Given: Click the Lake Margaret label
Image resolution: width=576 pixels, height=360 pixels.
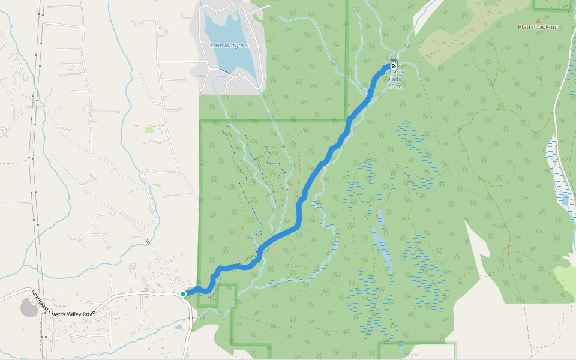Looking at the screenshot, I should tap(230, 45).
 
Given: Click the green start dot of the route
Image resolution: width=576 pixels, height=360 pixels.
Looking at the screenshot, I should tap(183, 293).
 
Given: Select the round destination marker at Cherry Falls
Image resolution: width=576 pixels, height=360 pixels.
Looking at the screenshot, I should tap(394, 66).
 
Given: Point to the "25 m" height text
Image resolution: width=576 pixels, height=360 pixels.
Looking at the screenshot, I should tap(394, 86).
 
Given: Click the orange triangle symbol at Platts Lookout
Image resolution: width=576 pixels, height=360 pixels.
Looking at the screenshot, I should tap(538, 20).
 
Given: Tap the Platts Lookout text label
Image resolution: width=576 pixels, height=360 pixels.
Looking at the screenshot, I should tap(538, 28).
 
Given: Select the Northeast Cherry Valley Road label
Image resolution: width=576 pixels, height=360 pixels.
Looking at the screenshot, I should tap(64, 304).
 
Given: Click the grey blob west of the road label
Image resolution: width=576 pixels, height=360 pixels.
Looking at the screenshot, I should tap(29, 308).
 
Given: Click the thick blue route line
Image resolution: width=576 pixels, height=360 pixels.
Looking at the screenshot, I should tap(300, 210).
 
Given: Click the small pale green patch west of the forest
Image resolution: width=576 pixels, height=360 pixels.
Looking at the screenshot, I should tap(149, 129).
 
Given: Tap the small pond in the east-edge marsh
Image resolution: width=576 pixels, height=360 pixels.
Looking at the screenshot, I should tap(564, 199).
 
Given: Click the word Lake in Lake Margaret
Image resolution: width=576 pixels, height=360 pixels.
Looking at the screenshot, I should tap(217, 45).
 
